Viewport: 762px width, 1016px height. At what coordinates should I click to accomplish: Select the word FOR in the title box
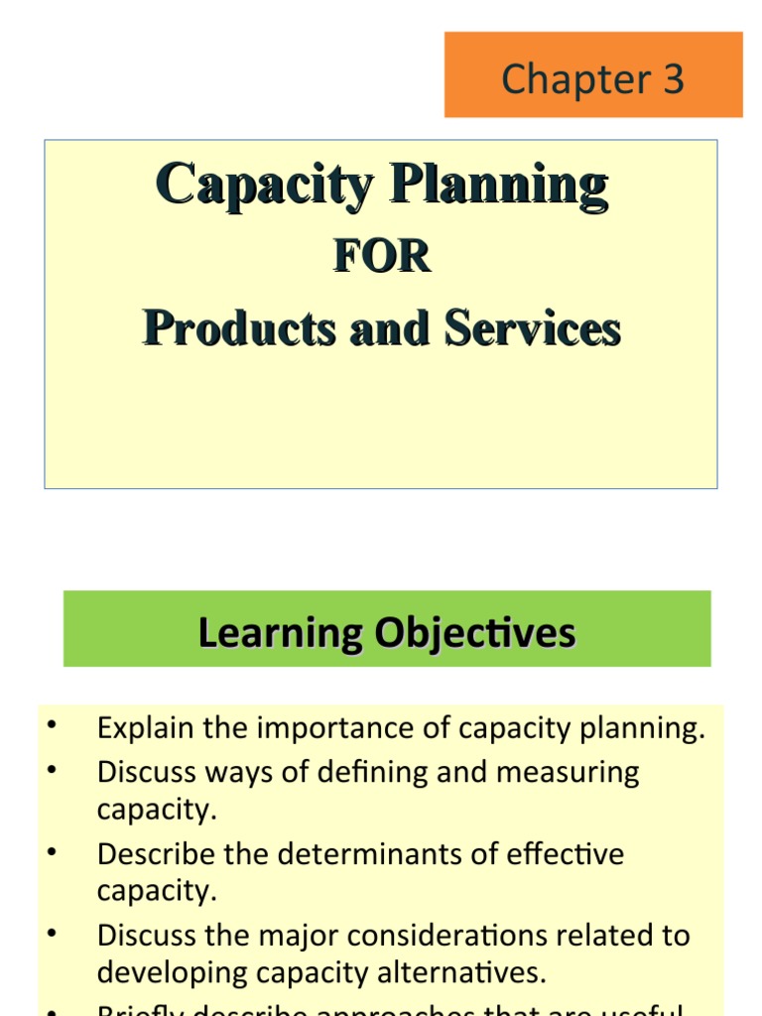382,257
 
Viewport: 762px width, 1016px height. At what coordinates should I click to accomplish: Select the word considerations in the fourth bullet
467,936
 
